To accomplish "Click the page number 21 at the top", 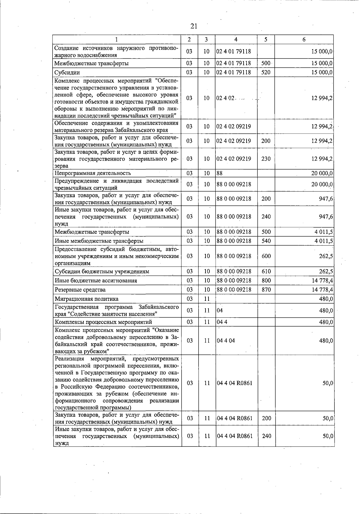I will [x=194, y=26].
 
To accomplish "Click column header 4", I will [x=236, y=40].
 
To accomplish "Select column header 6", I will [x=304, y=40].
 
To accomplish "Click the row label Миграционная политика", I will [x=86, y=299].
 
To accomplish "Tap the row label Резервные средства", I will [x=80, y=290].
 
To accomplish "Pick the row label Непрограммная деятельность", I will [x=92, y=173].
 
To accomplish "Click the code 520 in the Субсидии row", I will [x=265, y=72].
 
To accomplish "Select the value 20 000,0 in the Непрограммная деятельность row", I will [x=322, y=173].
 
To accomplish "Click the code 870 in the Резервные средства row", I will [x=266, y=290].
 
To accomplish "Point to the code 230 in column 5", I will [x=266, y=159].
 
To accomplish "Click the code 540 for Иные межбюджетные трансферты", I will [x=266, y=241].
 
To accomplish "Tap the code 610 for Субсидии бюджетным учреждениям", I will [x=266, y=272].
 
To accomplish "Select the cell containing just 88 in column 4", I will [x=220, y=173].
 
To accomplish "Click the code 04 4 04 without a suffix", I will [x=226, y=341].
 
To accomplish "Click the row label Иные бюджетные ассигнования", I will [x=96, y=281].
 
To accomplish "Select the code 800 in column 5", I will [x=266, y=281].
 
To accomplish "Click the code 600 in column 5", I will [x=266, y=256].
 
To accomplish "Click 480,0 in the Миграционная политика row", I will [x=326, y=299].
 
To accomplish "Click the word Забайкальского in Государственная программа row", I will [x=159, y=307].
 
